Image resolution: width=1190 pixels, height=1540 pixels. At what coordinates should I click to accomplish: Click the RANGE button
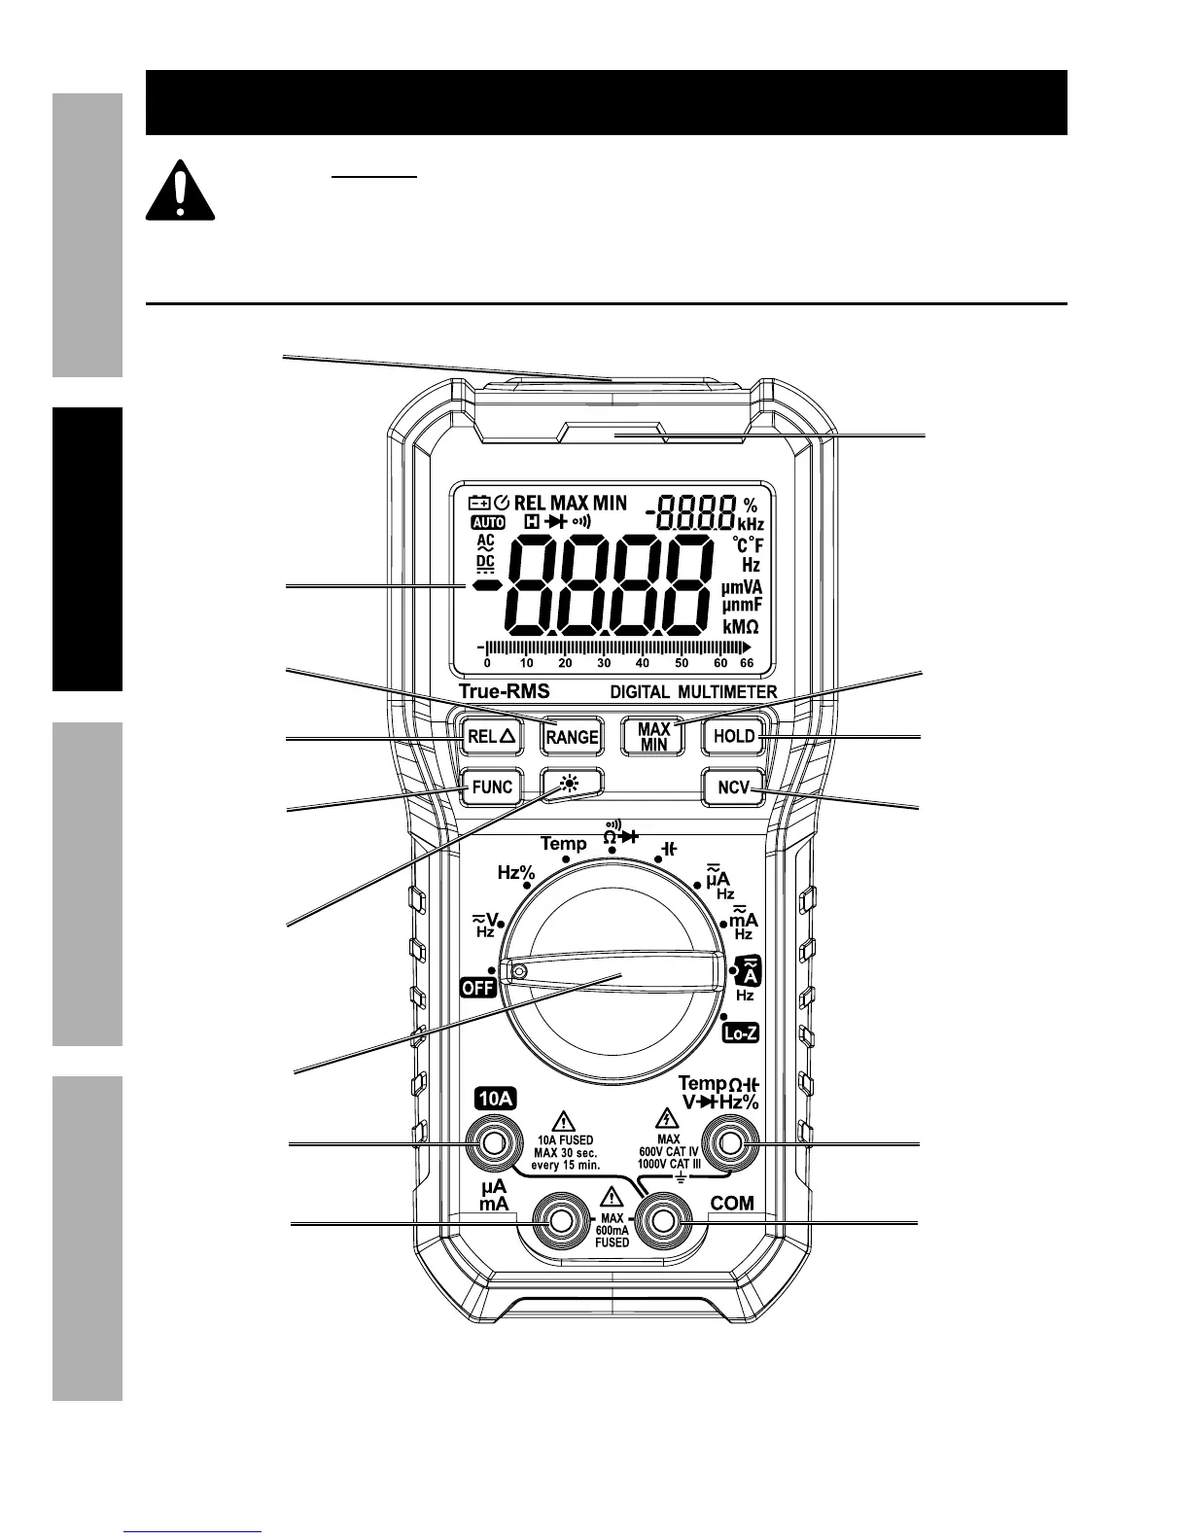(x=571, y=737)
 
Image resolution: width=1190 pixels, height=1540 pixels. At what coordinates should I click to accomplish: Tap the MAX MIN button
(x=653, y=736)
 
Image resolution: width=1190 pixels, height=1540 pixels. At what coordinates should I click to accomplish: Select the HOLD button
(x=734, y=736)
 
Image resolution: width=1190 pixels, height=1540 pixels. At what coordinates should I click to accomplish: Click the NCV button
(x=734, y=787)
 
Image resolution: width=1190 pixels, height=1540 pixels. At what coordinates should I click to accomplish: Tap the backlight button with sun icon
(x=571, y=783)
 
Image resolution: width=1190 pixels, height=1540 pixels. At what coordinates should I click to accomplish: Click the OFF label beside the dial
(x=478, y=988)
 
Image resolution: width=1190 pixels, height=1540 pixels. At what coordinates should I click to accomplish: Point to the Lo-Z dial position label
(x=741, y=1034)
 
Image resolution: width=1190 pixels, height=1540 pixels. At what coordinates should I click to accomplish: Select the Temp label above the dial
(x=564, y=844)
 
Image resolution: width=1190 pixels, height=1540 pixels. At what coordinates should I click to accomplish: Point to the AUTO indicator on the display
(x=487, y=522)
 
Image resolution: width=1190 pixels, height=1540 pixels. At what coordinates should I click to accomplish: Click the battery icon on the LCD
(x=479, y=504)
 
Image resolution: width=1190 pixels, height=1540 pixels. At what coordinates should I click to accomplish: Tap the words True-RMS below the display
(x=504, y=692)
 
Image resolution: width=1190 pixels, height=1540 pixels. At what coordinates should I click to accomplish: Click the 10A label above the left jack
(x=495, y=1099)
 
